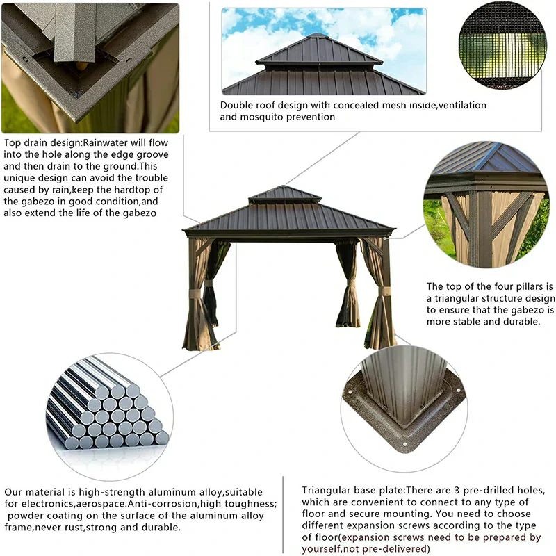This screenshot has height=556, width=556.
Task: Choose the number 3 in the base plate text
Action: [x=433, y=490]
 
